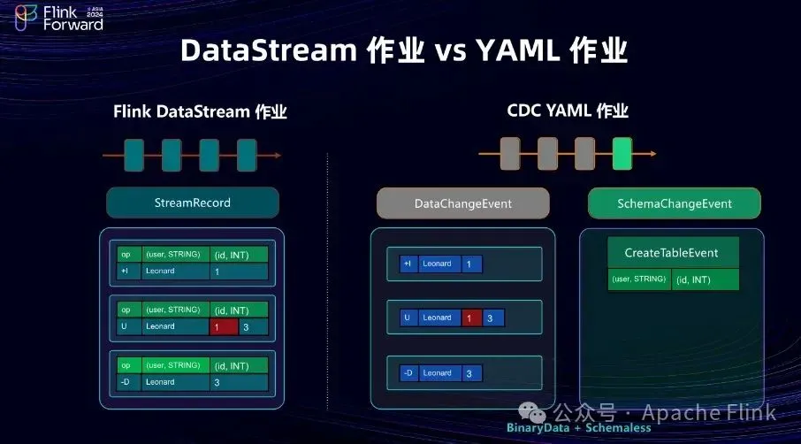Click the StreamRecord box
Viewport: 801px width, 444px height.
(192, 203)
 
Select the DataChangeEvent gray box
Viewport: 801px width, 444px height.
(462, 203)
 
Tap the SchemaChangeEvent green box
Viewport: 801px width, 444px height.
(674, 203)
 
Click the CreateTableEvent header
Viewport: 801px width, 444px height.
(671, 253)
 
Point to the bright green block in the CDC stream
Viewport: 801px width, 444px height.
(622, 154)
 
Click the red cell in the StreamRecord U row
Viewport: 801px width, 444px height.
(225, 327)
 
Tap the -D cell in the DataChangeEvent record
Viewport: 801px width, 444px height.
(408, 373)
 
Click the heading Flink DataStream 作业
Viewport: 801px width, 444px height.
(200, 112)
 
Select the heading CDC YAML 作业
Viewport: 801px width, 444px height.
(567, 111)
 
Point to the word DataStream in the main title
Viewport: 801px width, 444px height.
(268, 51)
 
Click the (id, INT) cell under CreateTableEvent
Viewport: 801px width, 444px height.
(706, 280)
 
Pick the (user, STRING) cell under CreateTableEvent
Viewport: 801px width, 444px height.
(639, 280)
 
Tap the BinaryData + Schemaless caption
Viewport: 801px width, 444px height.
(578, 428)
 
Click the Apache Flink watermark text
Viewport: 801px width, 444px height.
(708, 412)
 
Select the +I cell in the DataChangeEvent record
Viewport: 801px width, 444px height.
(408, 264)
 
